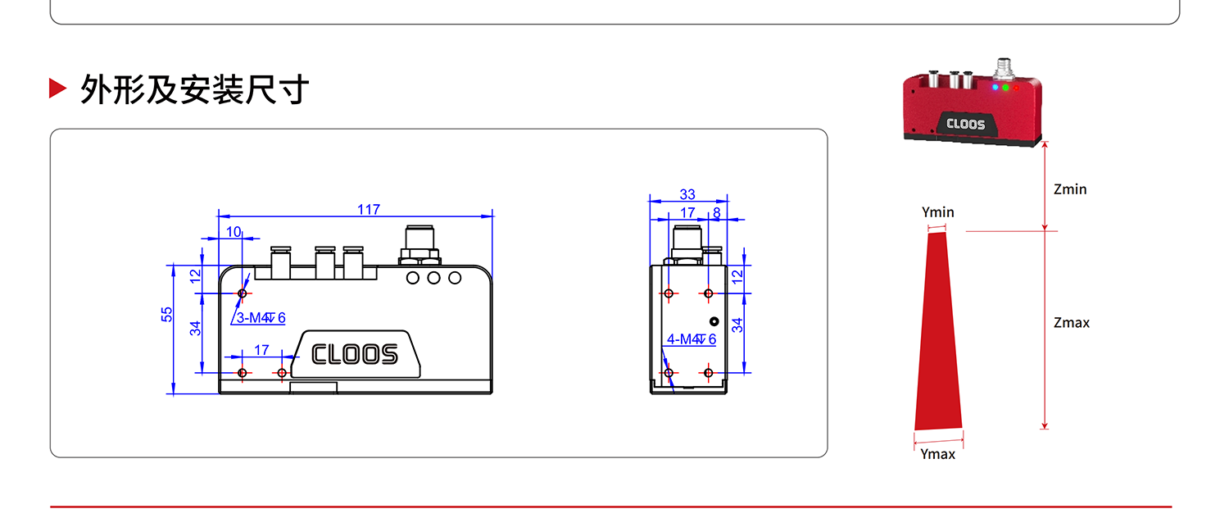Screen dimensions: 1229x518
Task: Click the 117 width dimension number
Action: point(368,210)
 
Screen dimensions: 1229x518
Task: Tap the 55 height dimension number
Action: point(167,315)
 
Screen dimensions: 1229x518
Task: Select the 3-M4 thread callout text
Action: point(261,318)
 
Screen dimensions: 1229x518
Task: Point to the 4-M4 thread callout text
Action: point(692,339)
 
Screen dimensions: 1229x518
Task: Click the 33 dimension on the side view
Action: point(687,194)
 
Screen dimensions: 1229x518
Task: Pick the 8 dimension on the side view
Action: point(717,213)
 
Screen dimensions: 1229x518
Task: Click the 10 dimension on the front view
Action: point(234,232)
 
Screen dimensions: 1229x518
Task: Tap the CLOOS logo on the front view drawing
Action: point(355,354)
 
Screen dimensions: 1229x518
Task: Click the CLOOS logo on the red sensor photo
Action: point(966,124)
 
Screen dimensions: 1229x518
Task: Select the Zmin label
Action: point(1070,189)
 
